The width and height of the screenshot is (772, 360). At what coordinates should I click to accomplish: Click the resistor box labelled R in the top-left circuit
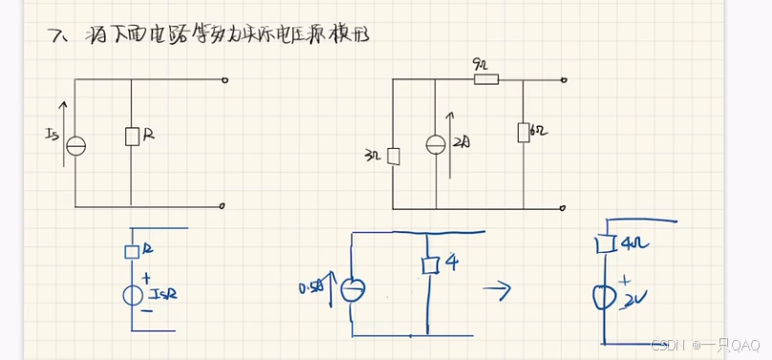click(132, 137)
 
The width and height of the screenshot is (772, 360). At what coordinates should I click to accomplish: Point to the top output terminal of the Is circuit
click(224, 81)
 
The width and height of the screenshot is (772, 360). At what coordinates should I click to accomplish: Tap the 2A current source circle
click(436, 144)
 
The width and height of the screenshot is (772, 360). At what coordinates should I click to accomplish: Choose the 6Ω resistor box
click(524, 132)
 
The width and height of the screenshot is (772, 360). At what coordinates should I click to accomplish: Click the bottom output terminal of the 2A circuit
click(566, 206)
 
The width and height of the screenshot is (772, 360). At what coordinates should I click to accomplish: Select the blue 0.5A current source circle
click(354, 287)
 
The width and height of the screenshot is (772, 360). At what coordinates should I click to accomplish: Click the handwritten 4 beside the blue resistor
click(452, 262)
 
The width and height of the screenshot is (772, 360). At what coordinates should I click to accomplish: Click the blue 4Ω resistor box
click(603, 244)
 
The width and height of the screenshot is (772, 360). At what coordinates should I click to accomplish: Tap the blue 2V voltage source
click(604, 297)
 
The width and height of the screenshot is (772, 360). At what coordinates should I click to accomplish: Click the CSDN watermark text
click(666, 345)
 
